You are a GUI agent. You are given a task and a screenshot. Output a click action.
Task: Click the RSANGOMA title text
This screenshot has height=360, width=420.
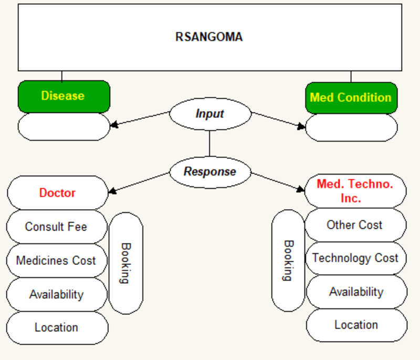pyautogui.click(x=209, y=37)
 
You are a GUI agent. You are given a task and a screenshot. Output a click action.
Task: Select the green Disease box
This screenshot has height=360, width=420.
pyautogui.click(x=64, y=97)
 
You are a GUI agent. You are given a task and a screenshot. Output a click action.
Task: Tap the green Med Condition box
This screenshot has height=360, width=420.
pyautogui.click(x=351, y=98)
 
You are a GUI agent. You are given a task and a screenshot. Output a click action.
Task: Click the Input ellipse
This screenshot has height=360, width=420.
pyautogui.click(x=211, y=114)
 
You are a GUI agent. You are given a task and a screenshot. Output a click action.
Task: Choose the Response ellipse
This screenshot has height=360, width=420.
pyautogui.click(x=211, y=172)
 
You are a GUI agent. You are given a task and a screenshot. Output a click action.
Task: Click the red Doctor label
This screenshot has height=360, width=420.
pyautogui.click(x=57, y=193)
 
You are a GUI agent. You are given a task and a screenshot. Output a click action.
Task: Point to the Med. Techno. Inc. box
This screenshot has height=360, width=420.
pyautogui.click(x=355, y=191)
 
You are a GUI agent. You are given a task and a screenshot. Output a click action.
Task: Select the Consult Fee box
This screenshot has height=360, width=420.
pyautogui.click(x=57, y=227)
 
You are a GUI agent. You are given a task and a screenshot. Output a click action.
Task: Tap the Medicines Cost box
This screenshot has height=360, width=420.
pyautogui.click(x=57, y=261)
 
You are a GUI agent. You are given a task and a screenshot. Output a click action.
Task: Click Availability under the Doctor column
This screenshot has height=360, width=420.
pyautogui.click(x=57, y=294)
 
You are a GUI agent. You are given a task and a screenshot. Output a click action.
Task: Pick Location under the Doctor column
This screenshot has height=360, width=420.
pyautogui.click(x=57, y=328)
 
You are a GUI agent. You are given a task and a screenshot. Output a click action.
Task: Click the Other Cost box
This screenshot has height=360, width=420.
pyautogui.click(x=355, y=225)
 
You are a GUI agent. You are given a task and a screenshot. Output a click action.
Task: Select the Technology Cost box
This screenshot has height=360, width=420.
pyautogui.click(x=356, y=258)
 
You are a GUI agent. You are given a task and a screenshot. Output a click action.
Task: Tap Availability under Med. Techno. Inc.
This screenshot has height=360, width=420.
pyautogui.click(x=356, y=292)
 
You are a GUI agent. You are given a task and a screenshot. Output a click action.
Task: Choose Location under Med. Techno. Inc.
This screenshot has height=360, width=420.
pyautogui.click(x=356, y=325)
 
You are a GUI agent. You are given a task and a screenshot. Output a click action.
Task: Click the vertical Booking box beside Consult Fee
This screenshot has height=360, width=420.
pyautogui.click(x=126, y=263)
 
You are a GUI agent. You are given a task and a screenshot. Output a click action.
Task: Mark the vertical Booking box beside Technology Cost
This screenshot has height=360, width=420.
pyautogui.click(x=288, y=261)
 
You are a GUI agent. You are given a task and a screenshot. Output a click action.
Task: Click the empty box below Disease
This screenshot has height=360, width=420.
pyautogui.click(x=64, y=127)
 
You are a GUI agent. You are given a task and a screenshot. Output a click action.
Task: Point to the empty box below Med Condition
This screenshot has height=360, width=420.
pyautogui.click(x=351, y=128)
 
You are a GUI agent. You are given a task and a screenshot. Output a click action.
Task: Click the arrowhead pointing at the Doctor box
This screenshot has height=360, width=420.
pyautogui.click(x=112, y=191)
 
